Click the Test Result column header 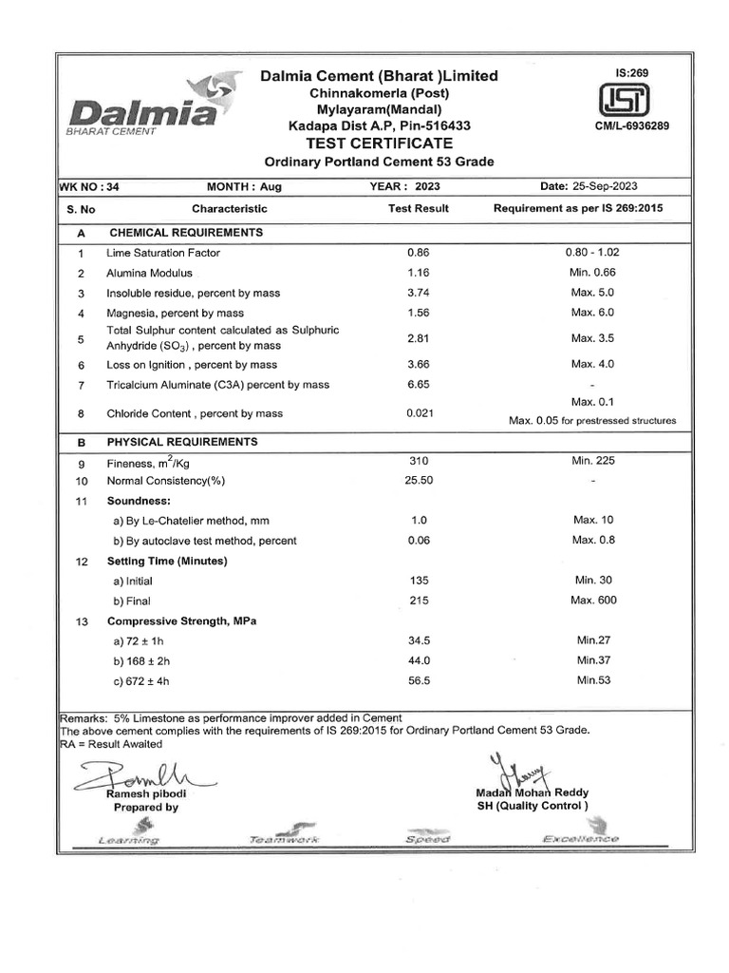(x=419, y=208)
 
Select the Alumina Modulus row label (x=149, y=273)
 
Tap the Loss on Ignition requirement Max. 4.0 (x=592, y=364)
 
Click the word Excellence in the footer (x=580, y=839)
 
